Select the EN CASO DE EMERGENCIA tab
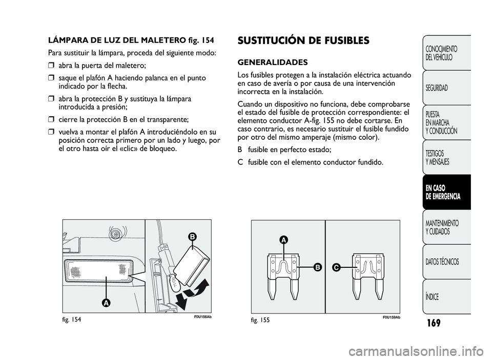[x=443, y=192]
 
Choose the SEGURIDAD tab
[x=436, y=88]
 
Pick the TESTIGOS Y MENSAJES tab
[x=437, y=157]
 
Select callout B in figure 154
[x=191, y=237]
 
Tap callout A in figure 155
[x=282, y=239]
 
